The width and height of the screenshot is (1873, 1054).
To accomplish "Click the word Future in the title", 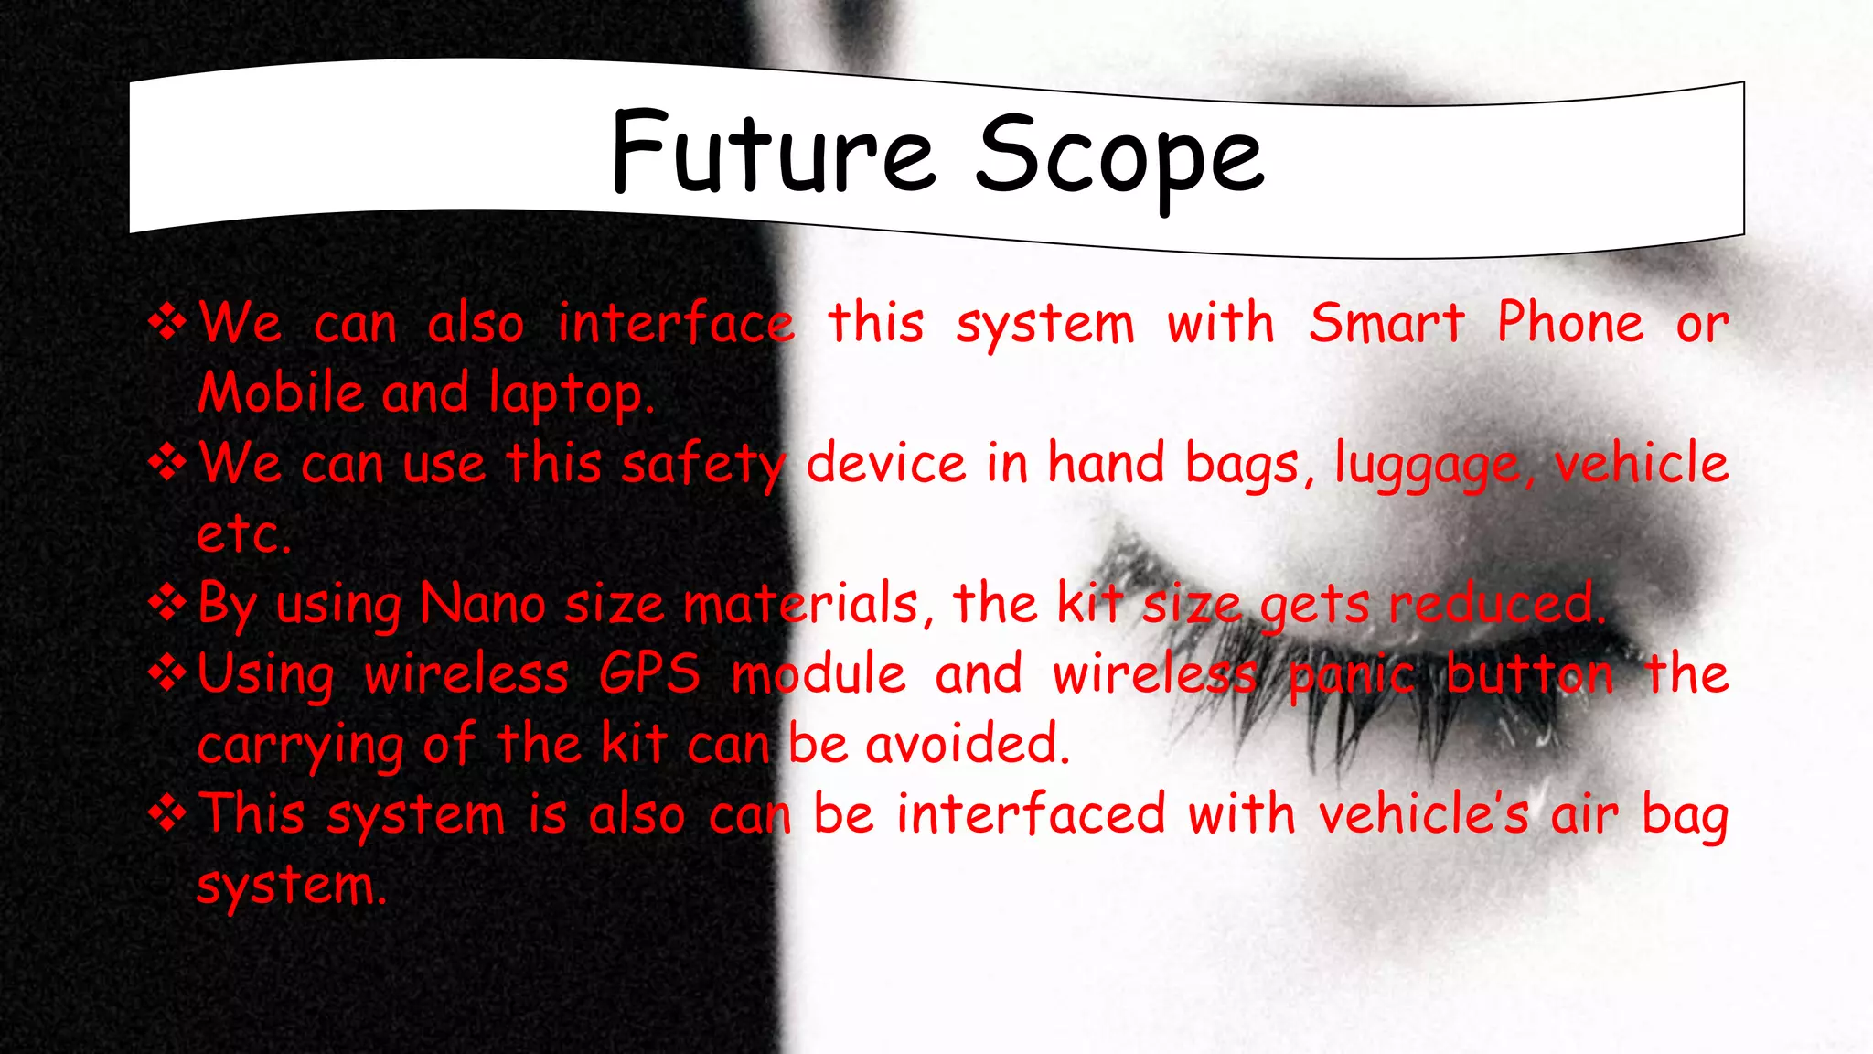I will click(x=773, y=153).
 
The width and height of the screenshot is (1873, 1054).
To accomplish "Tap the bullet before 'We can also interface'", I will click(x=168, y=322).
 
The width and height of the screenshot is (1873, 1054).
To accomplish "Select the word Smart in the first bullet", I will click(x=1386, y=323).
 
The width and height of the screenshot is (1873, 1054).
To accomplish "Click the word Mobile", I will click(x=281, y=393).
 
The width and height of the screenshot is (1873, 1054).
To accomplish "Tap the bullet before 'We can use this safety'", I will click(x=168, y=462).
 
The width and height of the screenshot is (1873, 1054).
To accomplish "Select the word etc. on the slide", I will click(x=243, y=533).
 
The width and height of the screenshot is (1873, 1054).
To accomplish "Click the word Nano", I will click(x=482, y=604).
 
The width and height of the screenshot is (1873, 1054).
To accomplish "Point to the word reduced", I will click(x=1496, y=604).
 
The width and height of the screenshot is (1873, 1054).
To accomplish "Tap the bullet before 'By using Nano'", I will click(x=168, y=603).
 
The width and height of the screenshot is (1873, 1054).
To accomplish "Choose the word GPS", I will click(x=649, y=674).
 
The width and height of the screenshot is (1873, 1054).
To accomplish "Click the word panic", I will click(x=1352, y=676).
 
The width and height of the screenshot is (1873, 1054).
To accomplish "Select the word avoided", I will click(x=968, y=744).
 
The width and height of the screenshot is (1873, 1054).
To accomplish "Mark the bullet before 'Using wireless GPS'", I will click(x=168, y=673).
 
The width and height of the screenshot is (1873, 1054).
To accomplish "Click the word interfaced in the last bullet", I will click(x=1031, y=813).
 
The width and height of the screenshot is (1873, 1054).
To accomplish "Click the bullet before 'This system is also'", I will click(x=168, y=813).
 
